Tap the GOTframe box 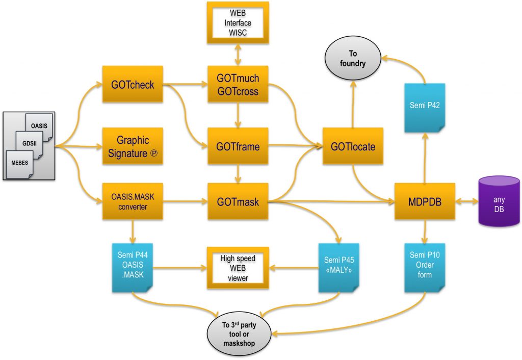pyautogui.click(x=238, y=147)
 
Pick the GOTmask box pyautogui.click(x=238, y=202)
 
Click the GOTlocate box pyautogui.click(x=353, y=146)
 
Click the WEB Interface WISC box pyautogui.click(x=237, y=22)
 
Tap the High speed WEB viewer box pyautogui.click(x=237, y=267)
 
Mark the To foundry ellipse pyautogui.click(x=353, y=60)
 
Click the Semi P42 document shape pyautogui.click(x=425, y=107)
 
